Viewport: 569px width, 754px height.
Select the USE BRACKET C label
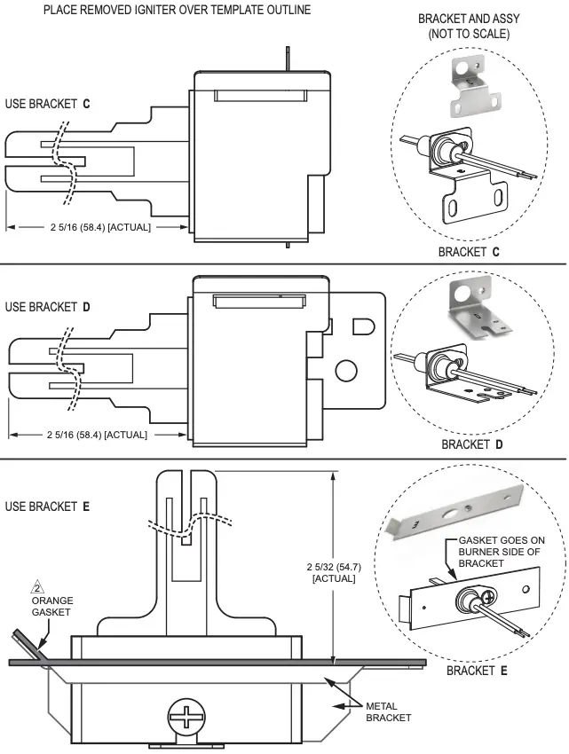(48, 104)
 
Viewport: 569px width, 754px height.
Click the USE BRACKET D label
(48, 308)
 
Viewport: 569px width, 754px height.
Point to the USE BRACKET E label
(48, 507)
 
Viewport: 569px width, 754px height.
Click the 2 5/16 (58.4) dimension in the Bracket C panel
(99, 227)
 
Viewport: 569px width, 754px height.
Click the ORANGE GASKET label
(52, 607)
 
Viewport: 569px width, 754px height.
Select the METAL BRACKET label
(388, 711)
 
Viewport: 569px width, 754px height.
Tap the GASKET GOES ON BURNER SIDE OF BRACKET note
(501, 551)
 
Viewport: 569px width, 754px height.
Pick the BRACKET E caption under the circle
(477, 671)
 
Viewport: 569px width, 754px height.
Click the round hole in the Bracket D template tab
(346, 370)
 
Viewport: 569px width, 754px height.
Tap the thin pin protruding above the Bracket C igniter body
(288, 56)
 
